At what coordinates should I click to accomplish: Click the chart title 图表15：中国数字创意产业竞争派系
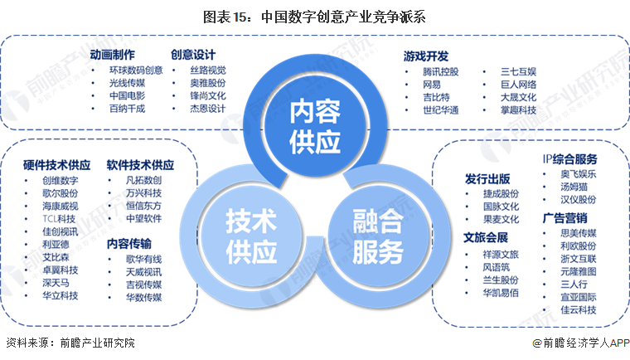315,15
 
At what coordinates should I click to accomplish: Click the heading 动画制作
114,55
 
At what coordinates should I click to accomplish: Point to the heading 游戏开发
426,56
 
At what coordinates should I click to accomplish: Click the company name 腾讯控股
440,71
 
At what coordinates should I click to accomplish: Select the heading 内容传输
128,244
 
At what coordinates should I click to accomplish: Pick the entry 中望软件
143,220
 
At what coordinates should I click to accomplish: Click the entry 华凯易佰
501,293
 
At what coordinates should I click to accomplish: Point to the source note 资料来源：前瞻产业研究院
70,343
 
